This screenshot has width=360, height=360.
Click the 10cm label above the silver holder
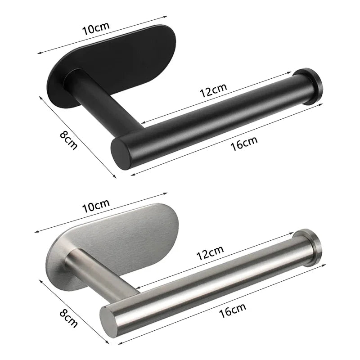click(x=96, y=207)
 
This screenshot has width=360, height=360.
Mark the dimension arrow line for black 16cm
click(x=225, y=139)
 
